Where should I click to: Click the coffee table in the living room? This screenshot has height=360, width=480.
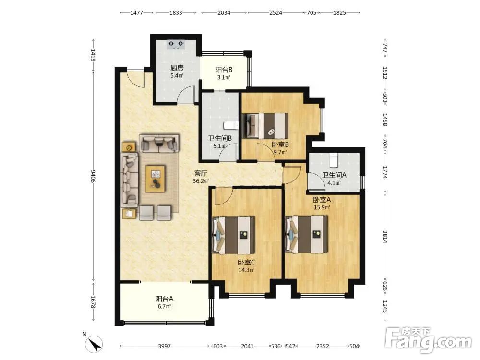click(155, 179)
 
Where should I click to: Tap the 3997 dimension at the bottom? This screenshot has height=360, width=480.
click(164, 346)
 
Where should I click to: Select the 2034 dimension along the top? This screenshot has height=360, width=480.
click(224, 13)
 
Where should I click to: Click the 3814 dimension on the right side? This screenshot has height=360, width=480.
click(385, 236)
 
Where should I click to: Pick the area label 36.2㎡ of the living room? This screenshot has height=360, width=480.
click(201, 181)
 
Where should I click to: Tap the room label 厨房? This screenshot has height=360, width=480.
click(177, 68)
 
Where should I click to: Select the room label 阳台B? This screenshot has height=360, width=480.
click(224, 70)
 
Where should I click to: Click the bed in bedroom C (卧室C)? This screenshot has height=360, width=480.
click(233, 235)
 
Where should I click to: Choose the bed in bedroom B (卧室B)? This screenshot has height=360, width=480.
click(265, 126)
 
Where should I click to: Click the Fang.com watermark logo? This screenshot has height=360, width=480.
click(429, 339)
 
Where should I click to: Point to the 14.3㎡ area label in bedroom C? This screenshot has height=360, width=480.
click(247, 270)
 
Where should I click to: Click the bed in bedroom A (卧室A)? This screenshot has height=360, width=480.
click(306, 235)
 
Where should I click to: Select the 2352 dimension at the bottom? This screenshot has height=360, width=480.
click(323, 346)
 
